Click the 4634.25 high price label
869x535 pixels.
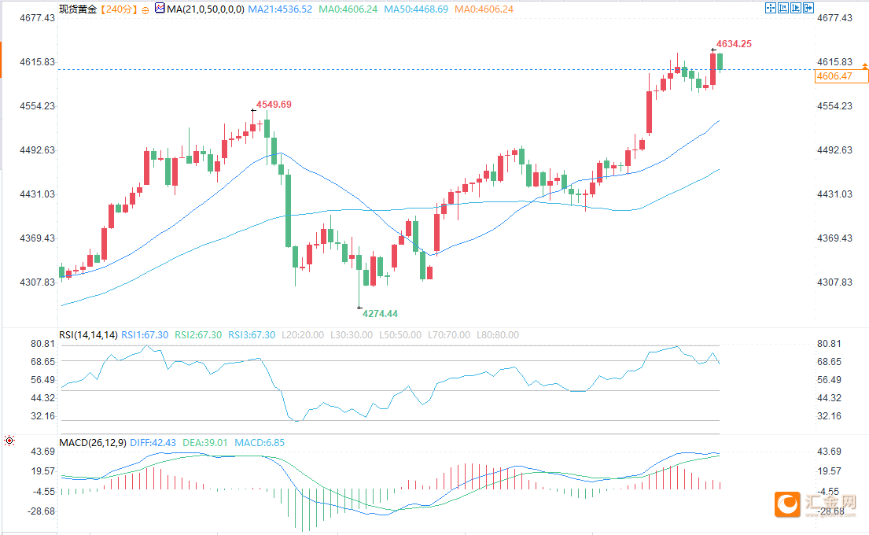pos(733,44)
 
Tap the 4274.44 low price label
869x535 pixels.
pos(380,314)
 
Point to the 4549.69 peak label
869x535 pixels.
pos(274,105)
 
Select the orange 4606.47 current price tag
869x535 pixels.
pos(835,76)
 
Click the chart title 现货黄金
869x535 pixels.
pos(79,9)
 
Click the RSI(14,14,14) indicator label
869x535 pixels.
pos(89,335)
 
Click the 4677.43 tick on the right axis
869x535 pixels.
pos(835,17)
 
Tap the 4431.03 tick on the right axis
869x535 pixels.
pos(835,194)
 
